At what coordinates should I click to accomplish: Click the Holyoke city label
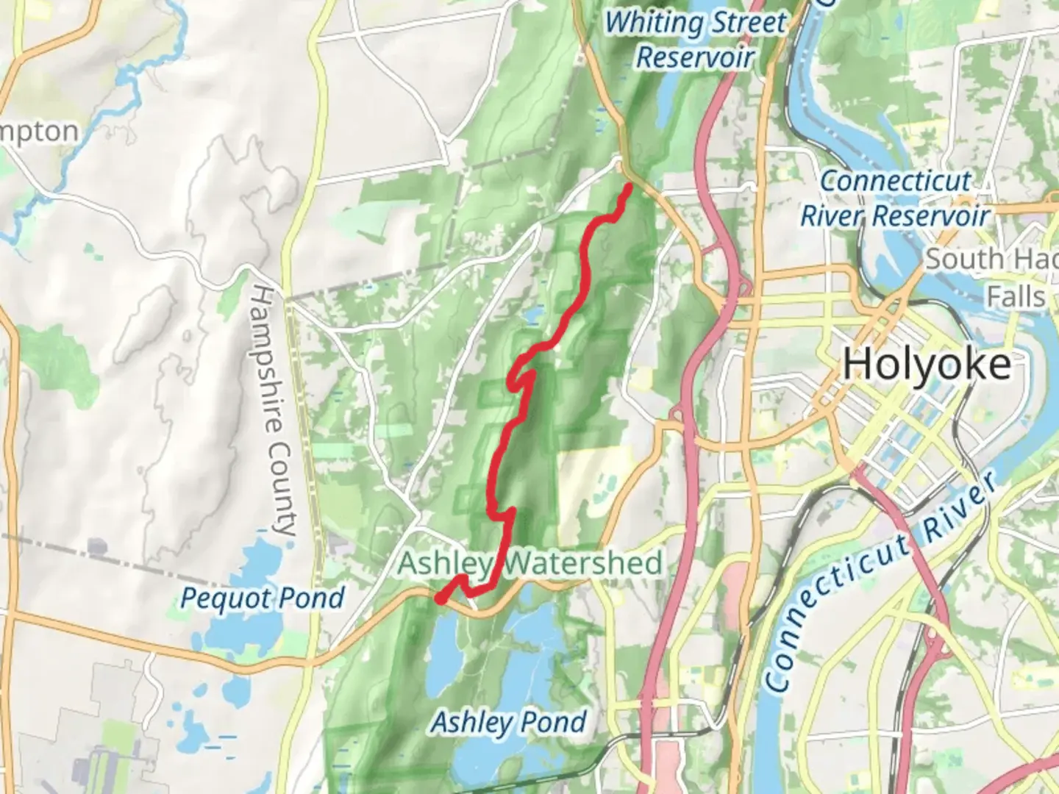927,365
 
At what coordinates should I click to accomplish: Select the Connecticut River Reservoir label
895,198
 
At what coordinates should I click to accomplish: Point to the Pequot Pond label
263,598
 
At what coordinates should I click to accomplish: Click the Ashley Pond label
509,722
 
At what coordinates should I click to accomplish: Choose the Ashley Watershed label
530,564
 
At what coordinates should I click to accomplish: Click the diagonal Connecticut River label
883,581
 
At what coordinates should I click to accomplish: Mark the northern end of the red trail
630,187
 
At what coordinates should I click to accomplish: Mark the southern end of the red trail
440,599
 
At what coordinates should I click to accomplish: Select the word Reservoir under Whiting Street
695,57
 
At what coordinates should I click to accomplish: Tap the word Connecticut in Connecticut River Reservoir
895,181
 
